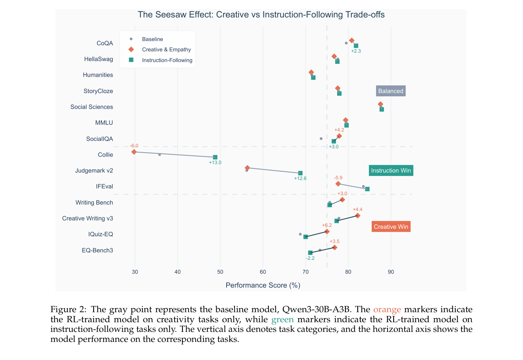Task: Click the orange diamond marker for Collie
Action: tap(134, 152)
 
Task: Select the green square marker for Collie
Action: tap(215, 157)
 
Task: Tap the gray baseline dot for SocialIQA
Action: tap(321, 139)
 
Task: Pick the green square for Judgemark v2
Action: tap(300, 173)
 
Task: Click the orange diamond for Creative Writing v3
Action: tap(358, 216)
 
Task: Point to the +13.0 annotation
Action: tap(215, 163)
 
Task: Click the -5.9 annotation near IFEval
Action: tap(338, 178)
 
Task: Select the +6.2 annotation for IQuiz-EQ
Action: tap(327, 225)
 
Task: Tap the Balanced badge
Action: tap(391, 91)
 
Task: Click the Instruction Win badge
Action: tap(391, 171)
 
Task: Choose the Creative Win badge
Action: tap(391, 227)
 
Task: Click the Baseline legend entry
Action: tap(152, 39)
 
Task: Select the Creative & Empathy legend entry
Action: tap(166, 49)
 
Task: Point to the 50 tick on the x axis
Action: tap(220, 272)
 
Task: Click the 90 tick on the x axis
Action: tap(391, 272)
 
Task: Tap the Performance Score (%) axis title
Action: tap(263, 285)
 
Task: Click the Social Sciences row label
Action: tap(92, 107)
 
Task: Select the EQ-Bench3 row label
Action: tap(97, 250)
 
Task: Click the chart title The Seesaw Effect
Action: tap(261, 15)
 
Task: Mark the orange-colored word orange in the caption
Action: tap(387, 310)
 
